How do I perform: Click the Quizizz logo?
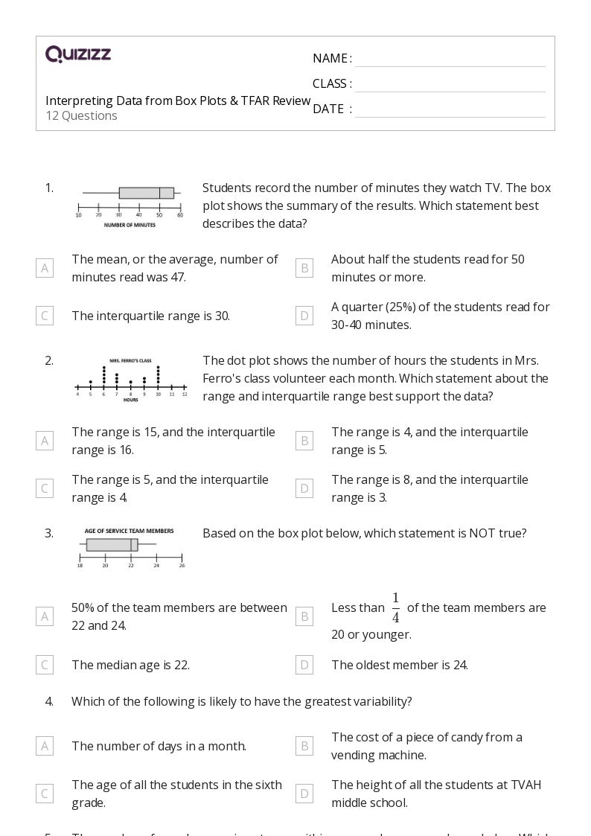coord(78,54)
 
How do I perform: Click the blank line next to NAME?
coord(450,60)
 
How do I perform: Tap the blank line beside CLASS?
coord(450,85)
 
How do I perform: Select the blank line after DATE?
coord(450,110)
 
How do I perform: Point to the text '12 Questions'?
coord(81,115)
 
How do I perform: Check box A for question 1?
coord(45,268)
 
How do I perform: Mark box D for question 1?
coord(304,316)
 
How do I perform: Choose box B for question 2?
coord(304,441)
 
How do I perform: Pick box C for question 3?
coord(45,665)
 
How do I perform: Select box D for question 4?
coord(304,794)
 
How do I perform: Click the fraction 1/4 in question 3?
coord(395,608)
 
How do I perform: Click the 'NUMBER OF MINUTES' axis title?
coord(130,225)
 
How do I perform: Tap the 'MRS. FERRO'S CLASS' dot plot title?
coord(130,360)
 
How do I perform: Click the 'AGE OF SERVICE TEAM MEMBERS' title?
coord(130,531)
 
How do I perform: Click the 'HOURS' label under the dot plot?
coord(130,400)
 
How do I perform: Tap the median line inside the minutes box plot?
coord(159,193)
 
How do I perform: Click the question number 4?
coord(49,701)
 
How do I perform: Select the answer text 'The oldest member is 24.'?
coord(400,665)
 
